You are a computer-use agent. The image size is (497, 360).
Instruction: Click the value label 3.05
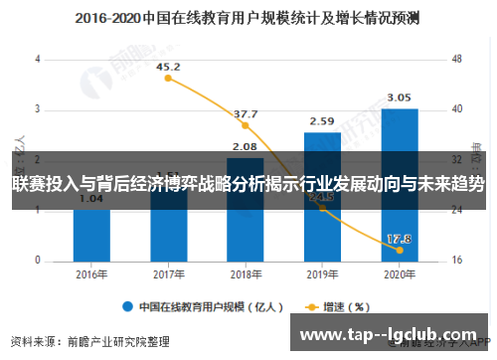tap(399, 97)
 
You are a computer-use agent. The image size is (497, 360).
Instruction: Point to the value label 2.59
tap(322, 121)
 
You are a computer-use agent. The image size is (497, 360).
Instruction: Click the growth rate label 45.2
tap(170, 68)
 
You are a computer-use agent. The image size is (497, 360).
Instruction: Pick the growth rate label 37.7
tap(246, 114)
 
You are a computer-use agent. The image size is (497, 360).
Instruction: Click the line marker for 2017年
tap(169, 79)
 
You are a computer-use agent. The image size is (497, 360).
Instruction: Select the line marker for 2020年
tap(399, 249)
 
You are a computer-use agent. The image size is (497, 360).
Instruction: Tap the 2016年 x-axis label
tap(91, 273)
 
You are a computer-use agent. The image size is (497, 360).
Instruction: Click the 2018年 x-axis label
tap(246, 273)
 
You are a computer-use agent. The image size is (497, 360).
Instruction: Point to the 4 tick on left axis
tap(38, 59)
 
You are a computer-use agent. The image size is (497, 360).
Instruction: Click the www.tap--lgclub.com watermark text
tap(391, 334)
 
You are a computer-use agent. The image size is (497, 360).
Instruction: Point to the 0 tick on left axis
tap(38, 261)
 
